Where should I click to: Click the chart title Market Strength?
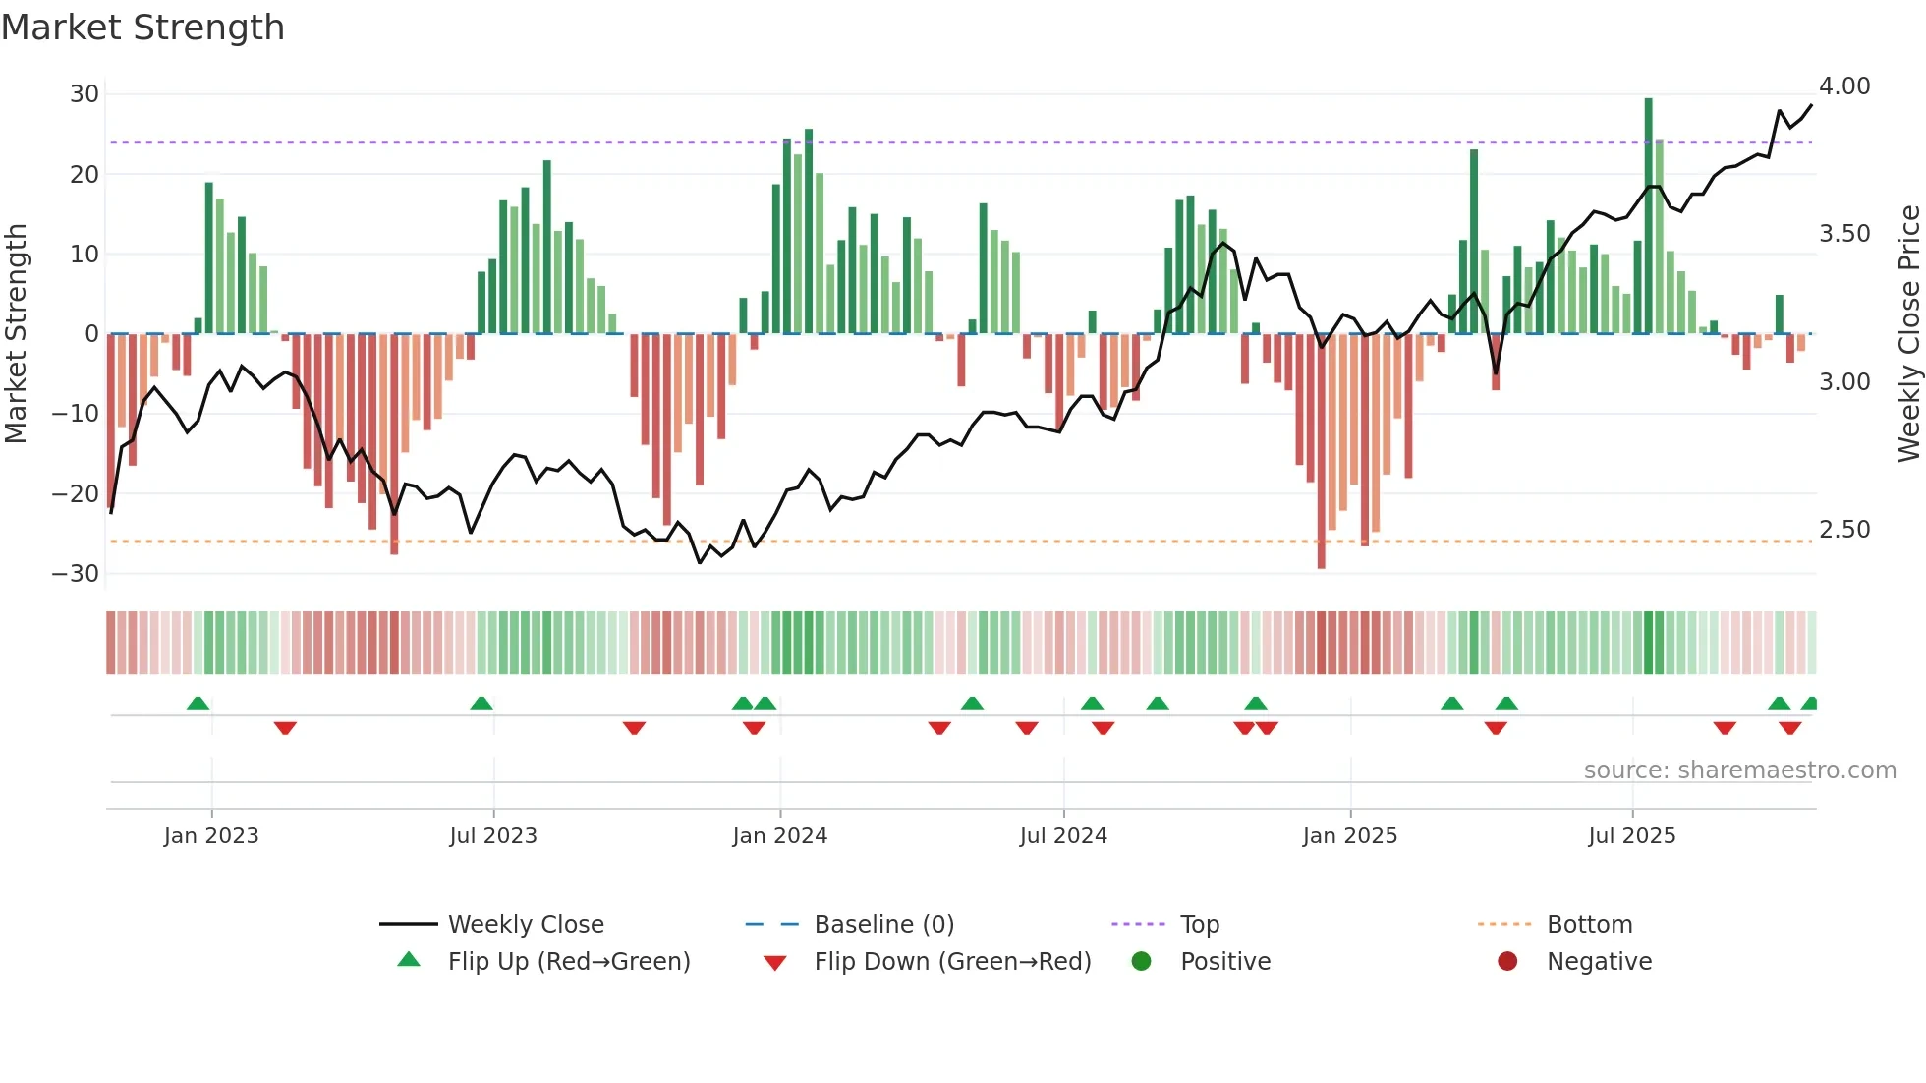point(142,28)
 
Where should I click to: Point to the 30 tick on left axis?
point(85,94)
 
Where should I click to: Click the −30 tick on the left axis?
point(77,574)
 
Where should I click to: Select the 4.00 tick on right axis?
point(1844,86)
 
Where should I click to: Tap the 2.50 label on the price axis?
point(1844,530)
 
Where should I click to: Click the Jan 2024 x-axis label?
point(779,836)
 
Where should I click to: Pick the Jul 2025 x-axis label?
point(1631,836)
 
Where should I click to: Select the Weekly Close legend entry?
point(525,925)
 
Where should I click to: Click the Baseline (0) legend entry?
point(883,925)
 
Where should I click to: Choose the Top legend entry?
point(1199,925)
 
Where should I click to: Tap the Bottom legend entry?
point(1589,925)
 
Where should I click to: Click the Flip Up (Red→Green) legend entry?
point(568,962)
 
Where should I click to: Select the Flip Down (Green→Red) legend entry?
point(951,962)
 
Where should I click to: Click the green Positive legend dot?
point(1141,962)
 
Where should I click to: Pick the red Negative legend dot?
point(1507,962)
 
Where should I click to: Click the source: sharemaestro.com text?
point(1739,770)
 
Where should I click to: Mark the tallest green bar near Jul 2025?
point(1648,216)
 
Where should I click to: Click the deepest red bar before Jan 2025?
point(1321,452)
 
